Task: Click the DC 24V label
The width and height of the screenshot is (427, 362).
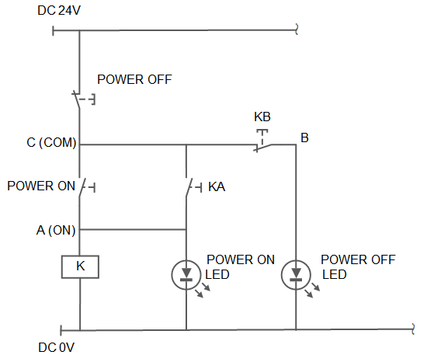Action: [x=59, y=11]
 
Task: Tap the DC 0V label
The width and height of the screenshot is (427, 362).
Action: [x=56, y=347]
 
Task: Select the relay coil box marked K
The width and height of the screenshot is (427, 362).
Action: [x=80, y=266]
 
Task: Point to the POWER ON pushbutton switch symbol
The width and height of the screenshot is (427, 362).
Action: [x=85, y=187]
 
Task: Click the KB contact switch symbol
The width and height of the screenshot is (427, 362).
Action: [x=262, y=141]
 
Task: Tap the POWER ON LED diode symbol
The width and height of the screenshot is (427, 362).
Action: [x=186, y=274]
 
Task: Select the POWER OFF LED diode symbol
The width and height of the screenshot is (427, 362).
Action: [x=296, y=274]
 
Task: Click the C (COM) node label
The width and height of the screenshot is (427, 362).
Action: [x=51, y=142]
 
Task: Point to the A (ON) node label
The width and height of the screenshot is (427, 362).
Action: [x=56, y=230]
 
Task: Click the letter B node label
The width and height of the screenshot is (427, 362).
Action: [x=304, y=137]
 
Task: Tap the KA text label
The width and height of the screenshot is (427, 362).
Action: [x=217, y=187]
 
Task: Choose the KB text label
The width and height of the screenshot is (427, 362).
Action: [x=262, y=117]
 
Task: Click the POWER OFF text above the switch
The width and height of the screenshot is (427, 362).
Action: [x=134, y=79]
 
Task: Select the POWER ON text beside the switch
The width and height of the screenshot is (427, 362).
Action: [x=41, y=186]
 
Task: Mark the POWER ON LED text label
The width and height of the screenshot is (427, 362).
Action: [x=240, y=267]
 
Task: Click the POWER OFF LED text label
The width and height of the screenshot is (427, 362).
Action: [x=358, y=267]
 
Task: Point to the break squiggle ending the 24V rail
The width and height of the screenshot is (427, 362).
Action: [x=297, y=30]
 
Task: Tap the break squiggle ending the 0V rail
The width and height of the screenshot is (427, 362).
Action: [x=413, y=329]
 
